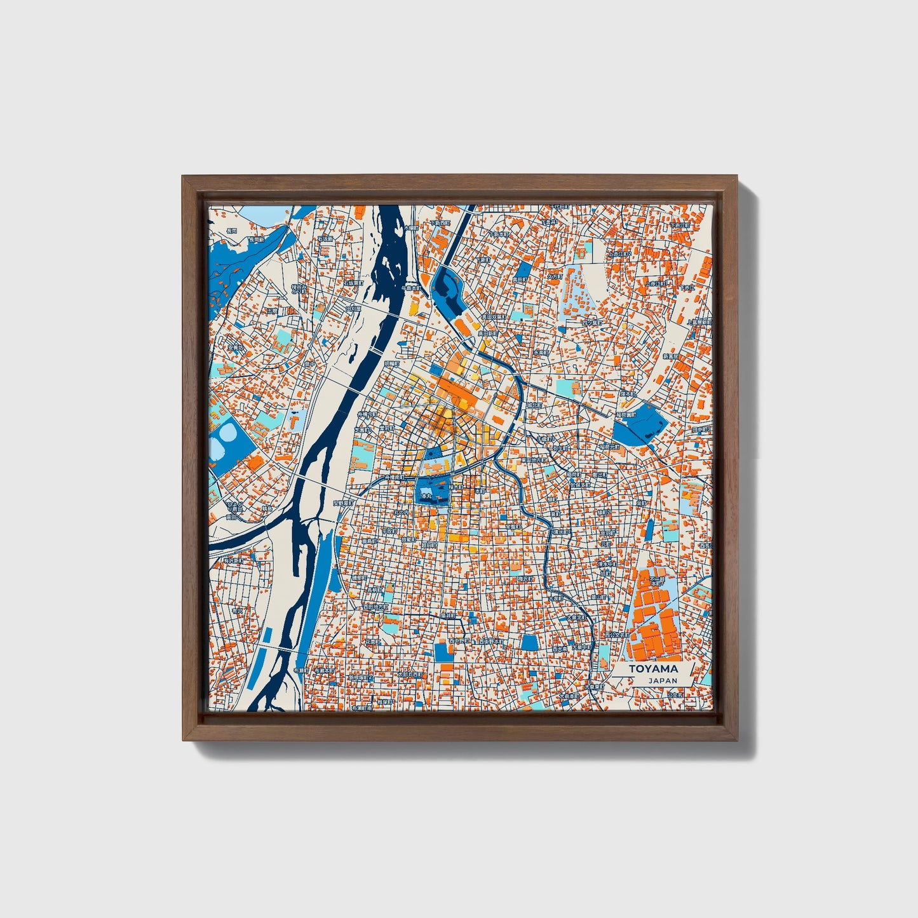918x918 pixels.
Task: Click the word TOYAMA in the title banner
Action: point(653,669)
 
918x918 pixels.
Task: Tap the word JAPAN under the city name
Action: point(663,680)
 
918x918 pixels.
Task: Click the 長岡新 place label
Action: point(256,240)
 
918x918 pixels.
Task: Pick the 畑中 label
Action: point(310,365)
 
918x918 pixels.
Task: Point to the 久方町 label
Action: point(555,277)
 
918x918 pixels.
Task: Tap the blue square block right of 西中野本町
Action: point(529,643)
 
